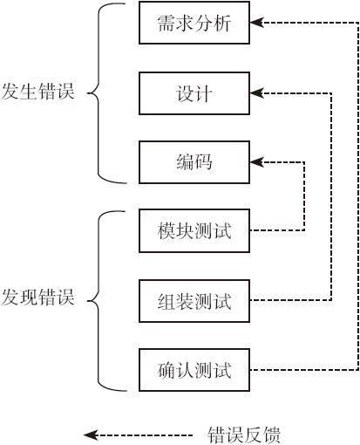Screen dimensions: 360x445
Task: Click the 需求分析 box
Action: (194, 23)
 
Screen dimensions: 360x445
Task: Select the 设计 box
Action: (194, 93)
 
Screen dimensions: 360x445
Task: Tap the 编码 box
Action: (194, 162)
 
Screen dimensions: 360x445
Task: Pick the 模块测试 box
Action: (194, 230)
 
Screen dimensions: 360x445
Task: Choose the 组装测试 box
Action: (194, 301)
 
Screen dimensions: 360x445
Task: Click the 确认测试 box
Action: (194, 370)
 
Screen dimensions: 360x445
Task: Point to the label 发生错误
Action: (37, 91)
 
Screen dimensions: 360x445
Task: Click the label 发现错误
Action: (37, 297)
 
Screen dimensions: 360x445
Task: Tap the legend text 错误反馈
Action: (244, 435)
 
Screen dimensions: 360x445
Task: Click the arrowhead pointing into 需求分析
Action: (256, 22)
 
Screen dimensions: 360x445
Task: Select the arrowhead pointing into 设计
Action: (256, 93)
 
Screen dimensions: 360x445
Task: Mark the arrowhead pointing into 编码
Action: (256, 162)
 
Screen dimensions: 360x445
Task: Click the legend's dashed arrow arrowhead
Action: (90, 435)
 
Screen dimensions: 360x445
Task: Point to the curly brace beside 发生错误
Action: (98, 93)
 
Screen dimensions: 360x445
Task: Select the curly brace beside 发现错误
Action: (98, 301)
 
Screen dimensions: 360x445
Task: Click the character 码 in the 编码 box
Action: (203, 162)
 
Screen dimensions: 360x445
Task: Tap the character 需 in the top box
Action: (166, 23)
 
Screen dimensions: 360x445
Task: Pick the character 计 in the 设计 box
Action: (203, 93)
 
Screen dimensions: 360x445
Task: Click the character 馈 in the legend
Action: (271, 435)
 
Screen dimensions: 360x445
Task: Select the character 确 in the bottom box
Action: (166, 370)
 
